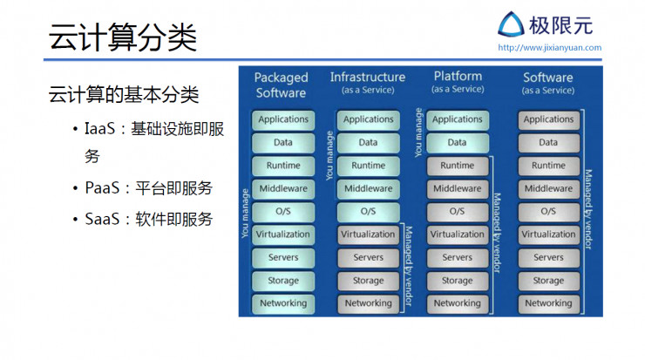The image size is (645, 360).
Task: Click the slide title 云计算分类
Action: [123, 37]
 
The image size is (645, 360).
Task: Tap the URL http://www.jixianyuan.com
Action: [549, 48]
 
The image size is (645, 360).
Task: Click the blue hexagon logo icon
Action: [513, 24]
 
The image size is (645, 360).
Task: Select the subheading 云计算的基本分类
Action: [124, 93]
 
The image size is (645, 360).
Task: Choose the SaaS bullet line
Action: [143, 219]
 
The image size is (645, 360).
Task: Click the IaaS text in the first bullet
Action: [102, 129]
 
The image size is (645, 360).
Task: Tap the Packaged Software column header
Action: [281, 85]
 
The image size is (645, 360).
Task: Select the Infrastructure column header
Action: [367, 82]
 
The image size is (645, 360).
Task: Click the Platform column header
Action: [458, 82]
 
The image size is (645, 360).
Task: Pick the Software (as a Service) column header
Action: [548, 83]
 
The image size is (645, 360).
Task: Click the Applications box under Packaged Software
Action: [282, 119]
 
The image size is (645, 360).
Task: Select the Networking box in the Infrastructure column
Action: [368, 303]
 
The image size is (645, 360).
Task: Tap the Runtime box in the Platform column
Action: [457, 166]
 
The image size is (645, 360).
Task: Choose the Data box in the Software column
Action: [548, 142]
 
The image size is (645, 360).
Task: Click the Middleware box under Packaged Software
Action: [282, 188]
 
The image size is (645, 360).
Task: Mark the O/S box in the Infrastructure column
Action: [368, 211]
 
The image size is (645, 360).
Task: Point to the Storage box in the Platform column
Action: [457, 281]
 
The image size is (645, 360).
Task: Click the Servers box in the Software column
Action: [548, 257]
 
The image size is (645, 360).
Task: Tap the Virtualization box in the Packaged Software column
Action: [282, 234]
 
